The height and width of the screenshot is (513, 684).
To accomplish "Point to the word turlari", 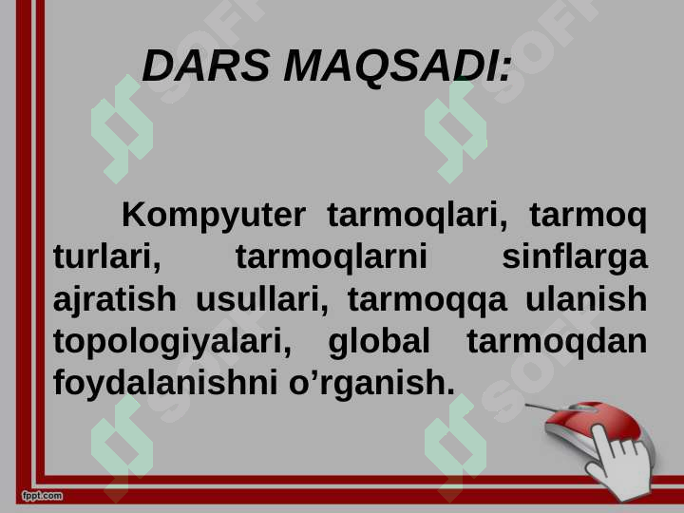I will (106, 257).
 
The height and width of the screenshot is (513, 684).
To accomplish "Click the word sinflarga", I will (574, 257).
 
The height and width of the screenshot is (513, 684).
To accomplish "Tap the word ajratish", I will (114, 299).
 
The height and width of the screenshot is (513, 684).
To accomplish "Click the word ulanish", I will (585, 299).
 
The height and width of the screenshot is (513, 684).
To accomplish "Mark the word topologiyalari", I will (172, 341).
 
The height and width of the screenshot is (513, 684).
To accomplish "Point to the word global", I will (379, 340).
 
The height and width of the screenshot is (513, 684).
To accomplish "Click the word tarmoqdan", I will (557, 340).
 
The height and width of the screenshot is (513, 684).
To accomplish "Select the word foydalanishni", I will (161, 383).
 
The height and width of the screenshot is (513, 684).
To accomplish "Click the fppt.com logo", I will (42, 496).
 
